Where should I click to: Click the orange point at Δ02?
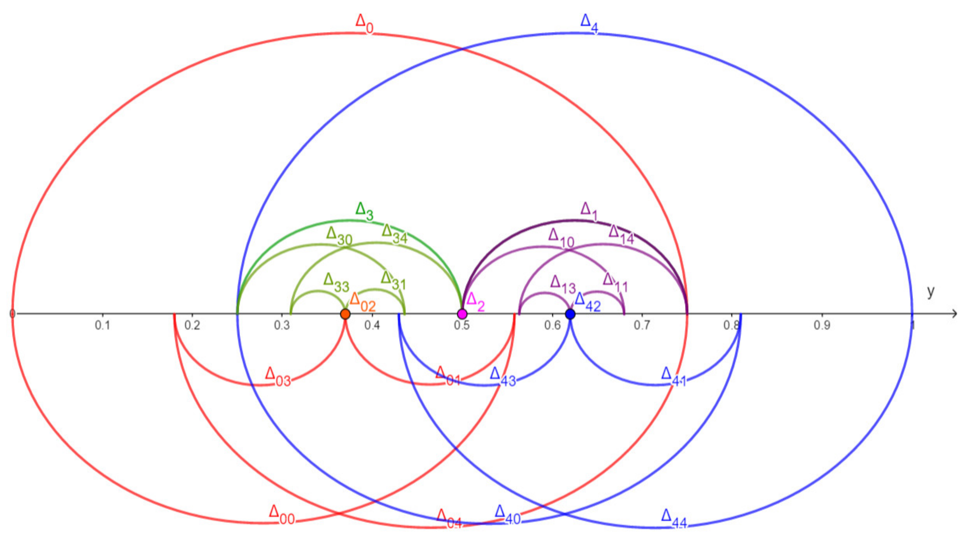point(345,314)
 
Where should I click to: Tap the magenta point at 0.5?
point(462,314)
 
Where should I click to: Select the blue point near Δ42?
point(570,313)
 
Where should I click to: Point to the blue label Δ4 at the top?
point(589,23)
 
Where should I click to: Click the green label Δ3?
point(364,211)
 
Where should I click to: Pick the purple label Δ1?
point(589,211)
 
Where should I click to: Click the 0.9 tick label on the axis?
point(822,325)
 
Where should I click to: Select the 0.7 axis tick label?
point(642,325)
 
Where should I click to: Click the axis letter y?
point(931,291)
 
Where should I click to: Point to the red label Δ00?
point(281,515)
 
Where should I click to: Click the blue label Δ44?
point(674,519)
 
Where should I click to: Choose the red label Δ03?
point(278,377)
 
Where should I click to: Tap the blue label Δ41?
point(673,377)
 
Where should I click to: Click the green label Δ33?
point(336,282)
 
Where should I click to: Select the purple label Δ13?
point(563,285)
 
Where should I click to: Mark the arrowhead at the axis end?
point(954,313)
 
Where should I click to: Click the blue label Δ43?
point(503,377)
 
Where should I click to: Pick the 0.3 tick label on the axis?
point(282,325)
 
